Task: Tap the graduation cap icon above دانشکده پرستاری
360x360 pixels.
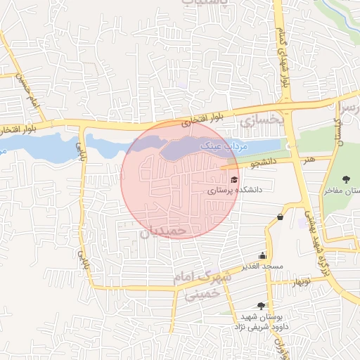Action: pyautogui.click(x=234, y=179)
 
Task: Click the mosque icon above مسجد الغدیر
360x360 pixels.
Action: pyautogui.click(x=262, y=256)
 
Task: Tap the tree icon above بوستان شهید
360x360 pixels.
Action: pyautogui.click(x=262, y=305)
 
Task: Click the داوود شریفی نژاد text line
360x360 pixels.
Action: pyautogui.click(x=261, y=327)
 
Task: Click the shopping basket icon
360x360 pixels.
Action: pyautogui.click(x=281, y=217)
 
